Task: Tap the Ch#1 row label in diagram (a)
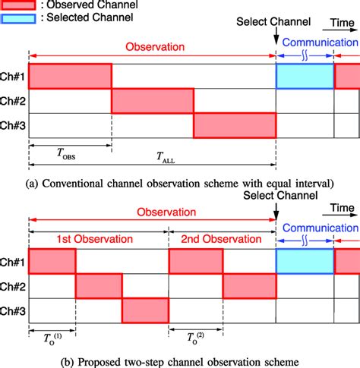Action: (14, 77)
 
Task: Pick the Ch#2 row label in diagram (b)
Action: (14, 286)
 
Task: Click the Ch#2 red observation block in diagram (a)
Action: (153, 102)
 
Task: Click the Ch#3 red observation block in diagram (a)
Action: (234, 127)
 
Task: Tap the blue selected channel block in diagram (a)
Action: (305, 76)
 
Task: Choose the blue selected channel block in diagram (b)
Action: (305, 261)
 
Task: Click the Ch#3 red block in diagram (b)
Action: (145, 311)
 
